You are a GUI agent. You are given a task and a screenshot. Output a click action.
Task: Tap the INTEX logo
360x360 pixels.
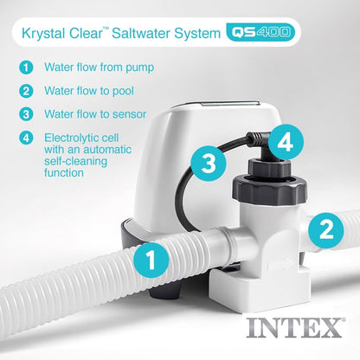tap(294, 329)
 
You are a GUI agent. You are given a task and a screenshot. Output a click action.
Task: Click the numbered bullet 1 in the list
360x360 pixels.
tap(27, 66)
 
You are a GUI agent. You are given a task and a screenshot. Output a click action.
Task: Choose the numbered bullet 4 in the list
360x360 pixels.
tap(27, 137)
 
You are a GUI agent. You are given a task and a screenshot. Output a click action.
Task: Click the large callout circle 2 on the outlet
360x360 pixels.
tap(325, 228)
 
